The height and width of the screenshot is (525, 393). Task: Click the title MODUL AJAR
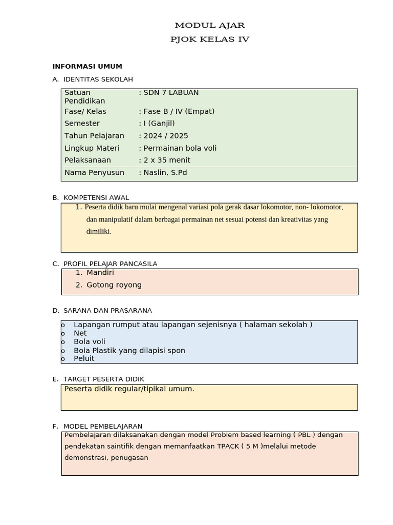pyautogui.click(x=210, y=25)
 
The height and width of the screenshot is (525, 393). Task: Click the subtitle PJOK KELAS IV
pyautogui.click(x=210, y=39)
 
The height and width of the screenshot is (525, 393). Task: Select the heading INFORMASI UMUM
pyautogui.click(x=87, y=67)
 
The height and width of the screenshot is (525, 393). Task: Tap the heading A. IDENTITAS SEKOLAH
pyautogui.click(x=93, y=79)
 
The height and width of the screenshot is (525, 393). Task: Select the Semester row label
pyautogui.click(x=82, y=124)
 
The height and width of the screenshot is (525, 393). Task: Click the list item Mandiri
pyautogui.click(x=100, y=273)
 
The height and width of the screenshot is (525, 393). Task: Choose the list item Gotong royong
pyautogui.click(x=114, y=285)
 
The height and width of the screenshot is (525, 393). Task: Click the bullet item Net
pyautogui.click(x=80, y=333)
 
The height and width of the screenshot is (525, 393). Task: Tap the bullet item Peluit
pyautogui.click(x=84, y=359)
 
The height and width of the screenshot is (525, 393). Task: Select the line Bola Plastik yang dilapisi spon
pyautogui.click(x=129, y=351)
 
